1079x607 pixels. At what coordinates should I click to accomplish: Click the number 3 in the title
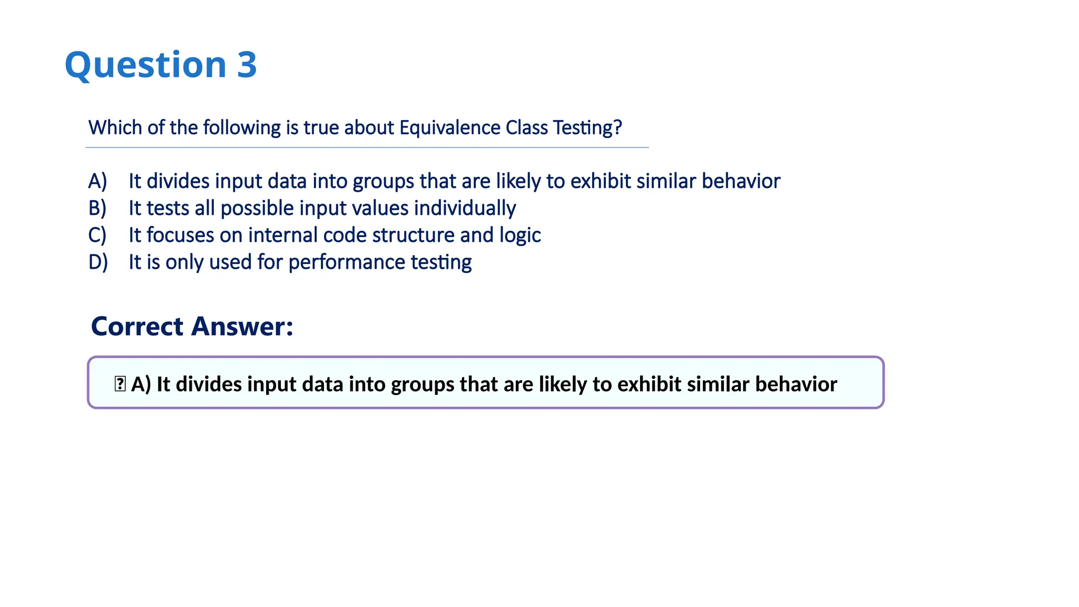coord(247,65)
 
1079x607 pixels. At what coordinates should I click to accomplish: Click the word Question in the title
coord(145,65)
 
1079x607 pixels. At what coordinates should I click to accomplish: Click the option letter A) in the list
coord(97,181)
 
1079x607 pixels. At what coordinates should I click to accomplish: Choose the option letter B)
coord(97,208)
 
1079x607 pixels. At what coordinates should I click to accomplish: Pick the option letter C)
coord(97,235)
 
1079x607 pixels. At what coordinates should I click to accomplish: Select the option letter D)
coord(98,262)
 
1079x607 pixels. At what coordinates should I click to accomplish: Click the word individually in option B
coord(465,208)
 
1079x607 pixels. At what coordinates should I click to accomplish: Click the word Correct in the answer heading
coord(137,326)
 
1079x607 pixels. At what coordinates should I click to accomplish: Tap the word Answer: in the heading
coord(242,326)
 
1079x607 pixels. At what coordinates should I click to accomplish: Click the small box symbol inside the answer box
coord(120,384)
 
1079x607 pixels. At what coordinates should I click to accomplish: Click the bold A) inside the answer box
coord(141,384)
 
